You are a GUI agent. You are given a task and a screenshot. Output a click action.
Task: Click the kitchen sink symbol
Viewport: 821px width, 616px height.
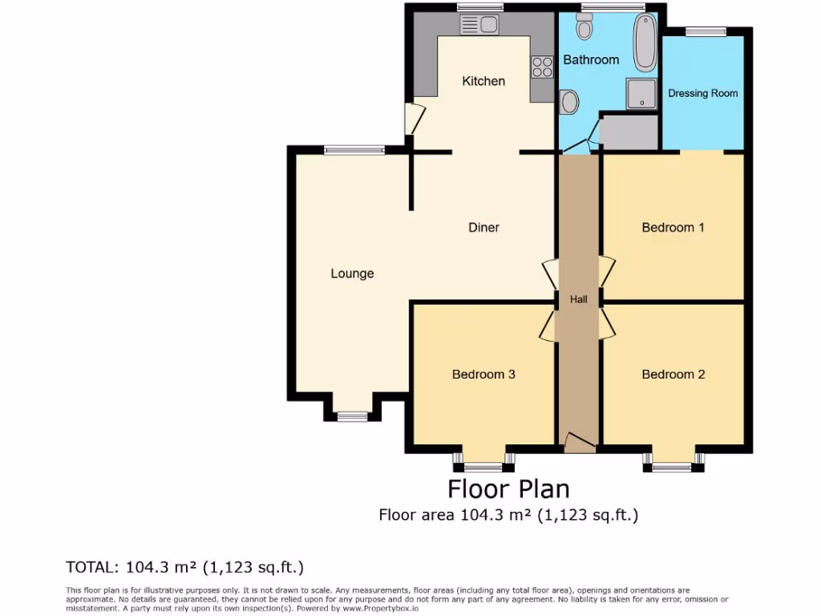[x=479, y=26]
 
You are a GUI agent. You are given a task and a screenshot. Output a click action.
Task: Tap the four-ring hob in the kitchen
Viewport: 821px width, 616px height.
[x=542, y=67]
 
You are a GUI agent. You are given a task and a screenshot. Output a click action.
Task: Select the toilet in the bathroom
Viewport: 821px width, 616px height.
[x=584, y=28]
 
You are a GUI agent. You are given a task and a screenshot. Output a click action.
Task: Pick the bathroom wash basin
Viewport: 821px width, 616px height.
[x=569, y=102]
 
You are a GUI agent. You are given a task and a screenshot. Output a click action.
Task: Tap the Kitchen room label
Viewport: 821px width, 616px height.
[x=483, y=81]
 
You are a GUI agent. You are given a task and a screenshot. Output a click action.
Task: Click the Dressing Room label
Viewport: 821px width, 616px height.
[x=702, y=93]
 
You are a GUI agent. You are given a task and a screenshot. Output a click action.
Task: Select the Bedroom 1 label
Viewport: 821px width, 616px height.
[x=673, y=228]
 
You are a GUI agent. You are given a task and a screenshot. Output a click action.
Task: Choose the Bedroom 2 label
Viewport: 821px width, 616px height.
[x=673, y=375]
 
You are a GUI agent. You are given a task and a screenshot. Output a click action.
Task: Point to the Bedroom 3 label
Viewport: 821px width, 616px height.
[x=483, y=375]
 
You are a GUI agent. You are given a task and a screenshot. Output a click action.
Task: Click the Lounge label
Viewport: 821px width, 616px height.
[x=352, y=274]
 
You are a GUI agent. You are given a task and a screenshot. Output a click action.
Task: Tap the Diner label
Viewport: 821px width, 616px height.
[x=483, y=228]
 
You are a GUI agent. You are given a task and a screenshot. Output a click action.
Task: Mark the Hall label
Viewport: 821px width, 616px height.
[x=578, y=300]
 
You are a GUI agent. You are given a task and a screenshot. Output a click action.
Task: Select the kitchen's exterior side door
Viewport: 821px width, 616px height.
[x=414, y=120]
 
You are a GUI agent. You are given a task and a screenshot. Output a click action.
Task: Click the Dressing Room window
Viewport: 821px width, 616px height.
[x=706, y=31]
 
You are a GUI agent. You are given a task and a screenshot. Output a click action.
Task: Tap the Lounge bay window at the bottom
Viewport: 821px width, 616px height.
[x=351, y=415]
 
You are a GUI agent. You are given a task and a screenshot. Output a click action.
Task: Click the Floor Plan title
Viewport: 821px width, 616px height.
[x=508, y=488]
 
